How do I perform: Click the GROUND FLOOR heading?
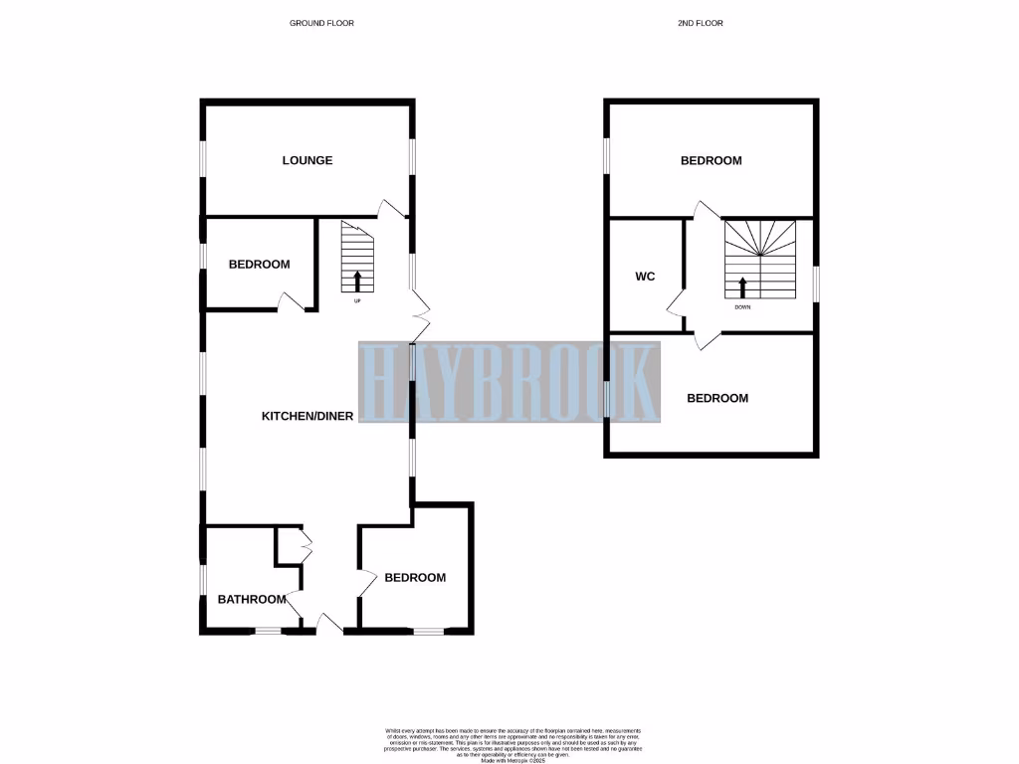[321, 22]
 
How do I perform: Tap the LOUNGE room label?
[306, 160]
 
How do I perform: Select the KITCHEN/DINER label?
[306, 417]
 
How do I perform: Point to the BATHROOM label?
[253, 599]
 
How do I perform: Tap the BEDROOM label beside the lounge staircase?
[259, 265]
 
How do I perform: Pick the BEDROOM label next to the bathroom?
[415, 578]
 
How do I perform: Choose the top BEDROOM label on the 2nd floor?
[711, 160]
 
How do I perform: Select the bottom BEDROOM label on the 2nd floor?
[717, 398]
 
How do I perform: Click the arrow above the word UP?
[357, 281]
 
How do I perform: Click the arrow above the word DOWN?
[742, 287]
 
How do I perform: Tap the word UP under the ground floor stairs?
[357, 299]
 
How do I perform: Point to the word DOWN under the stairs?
[742, 307]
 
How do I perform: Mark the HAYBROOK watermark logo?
[509, 384]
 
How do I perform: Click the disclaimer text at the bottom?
[509, 743]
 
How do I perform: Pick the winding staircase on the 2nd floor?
[761, 259]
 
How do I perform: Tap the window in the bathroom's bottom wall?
[267, 630]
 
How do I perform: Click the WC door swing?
[676, 302]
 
